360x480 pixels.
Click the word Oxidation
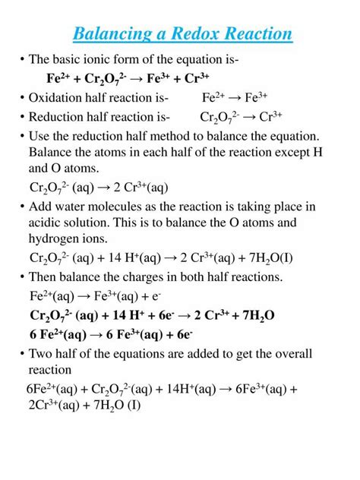57,97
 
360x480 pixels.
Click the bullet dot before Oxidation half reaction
22,97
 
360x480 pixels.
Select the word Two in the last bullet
41,355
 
